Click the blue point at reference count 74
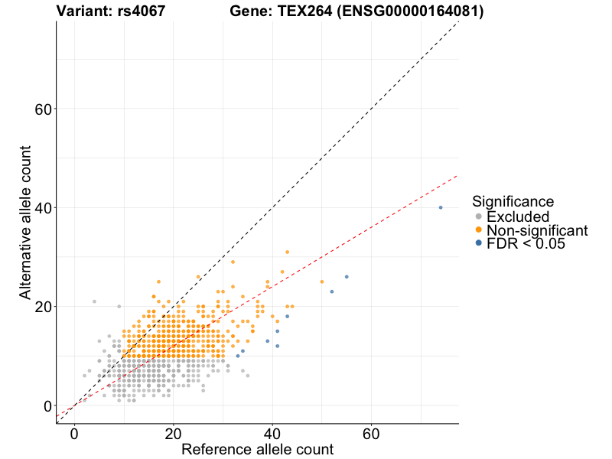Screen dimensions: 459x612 click(441, 207)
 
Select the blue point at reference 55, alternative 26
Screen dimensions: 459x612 click(347, 276)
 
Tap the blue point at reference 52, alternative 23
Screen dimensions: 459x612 click(331, 291)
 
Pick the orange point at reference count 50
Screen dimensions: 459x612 click(322, 282)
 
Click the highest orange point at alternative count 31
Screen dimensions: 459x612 click(288, 252)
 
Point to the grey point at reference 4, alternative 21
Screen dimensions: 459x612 click(94, 301)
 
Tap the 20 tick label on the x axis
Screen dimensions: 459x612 click(174, 433)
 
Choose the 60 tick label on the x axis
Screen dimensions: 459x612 click(372, 433)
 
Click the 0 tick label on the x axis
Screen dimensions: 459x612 click(74, 433)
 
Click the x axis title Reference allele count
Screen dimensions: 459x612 click(257, 449)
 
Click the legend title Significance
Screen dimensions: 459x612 click(513, 202)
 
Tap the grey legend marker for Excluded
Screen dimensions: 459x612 click(479, 216)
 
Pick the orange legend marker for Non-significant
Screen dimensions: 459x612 click(479, 229)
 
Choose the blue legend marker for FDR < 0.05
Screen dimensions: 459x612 click(479, 243)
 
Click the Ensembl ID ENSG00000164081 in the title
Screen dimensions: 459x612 click(406, 11)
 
